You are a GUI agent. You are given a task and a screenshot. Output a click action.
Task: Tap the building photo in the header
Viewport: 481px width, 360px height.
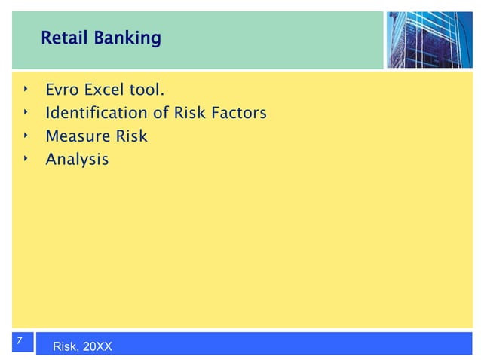click(430, 39)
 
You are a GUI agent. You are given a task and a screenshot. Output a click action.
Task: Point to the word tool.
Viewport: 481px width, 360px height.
click(148, 91)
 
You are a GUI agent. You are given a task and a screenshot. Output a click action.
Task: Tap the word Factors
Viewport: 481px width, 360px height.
click(239, 114)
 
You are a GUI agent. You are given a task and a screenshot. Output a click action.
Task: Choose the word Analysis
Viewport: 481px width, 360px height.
click(77, 160)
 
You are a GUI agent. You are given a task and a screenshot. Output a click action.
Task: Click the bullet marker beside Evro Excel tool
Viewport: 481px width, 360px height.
click(24, 90)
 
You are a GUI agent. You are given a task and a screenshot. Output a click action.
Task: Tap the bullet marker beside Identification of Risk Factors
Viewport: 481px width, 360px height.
click(24, 113)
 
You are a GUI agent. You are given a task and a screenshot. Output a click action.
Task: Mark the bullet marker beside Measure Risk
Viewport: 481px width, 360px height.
click(24, 136)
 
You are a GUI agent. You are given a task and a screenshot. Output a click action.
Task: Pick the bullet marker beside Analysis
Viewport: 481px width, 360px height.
click(24, 158)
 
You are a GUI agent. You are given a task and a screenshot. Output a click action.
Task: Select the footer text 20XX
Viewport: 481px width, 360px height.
click(97, 347)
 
